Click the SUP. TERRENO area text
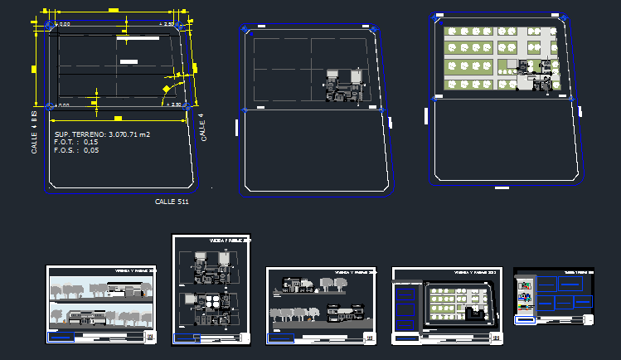pyautogui.click(x=102, y=134)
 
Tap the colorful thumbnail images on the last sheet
pyautogui.click(x=524, y=296)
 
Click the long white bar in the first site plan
pyautogui.click(x=140, y=37)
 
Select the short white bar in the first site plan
pyautogui.click(x=129, y=61)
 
